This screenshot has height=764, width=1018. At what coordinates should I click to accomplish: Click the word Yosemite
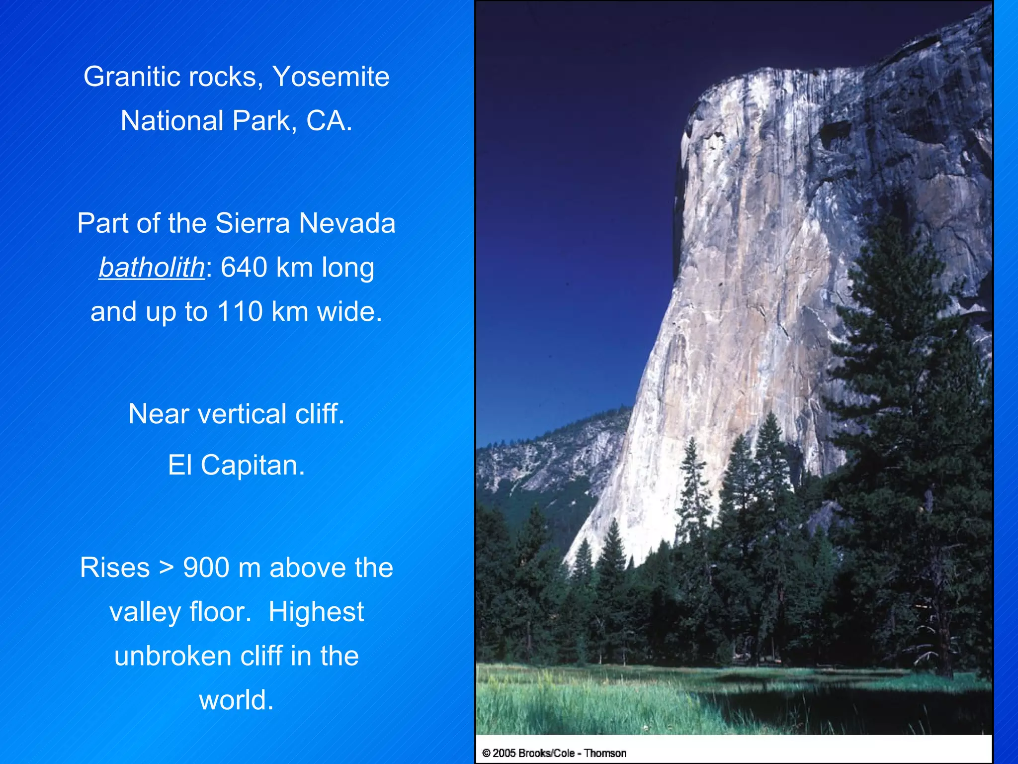[331, 77]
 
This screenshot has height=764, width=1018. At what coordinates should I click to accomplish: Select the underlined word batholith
[152, 268]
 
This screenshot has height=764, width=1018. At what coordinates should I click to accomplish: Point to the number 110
[240, 312]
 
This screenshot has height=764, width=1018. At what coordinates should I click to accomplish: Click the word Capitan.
[253, 466]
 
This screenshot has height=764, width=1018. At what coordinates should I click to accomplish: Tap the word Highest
[316, 612]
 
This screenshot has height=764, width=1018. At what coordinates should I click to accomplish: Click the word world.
[236, 700]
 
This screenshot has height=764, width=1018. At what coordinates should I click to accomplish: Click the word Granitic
[125, 77]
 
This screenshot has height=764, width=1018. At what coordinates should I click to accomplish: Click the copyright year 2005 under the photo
[505, 753]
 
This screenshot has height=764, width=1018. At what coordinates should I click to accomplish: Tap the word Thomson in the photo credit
[604, 753]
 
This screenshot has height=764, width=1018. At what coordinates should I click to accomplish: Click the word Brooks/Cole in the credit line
[546, 753]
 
